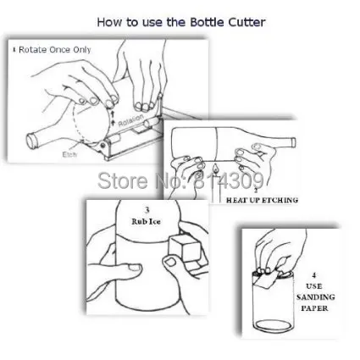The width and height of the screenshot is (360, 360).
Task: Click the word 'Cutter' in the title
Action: (246, 21)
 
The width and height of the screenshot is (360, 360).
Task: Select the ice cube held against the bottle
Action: (184, 248)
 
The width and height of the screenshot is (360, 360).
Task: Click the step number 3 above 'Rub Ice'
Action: (148, 211)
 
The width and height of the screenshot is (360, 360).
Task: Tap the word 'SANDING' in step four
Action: (314, 297)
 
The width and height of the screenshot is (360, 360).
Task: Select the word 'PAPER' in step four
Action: (314, 307)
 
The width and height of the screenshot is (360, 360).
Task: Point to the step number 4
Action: (314, 275)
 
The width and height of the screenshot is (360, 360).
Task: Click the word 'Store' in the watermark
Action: (118, 180)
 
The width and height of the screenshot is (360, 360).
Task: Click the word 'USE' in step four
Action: (314, 286)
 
